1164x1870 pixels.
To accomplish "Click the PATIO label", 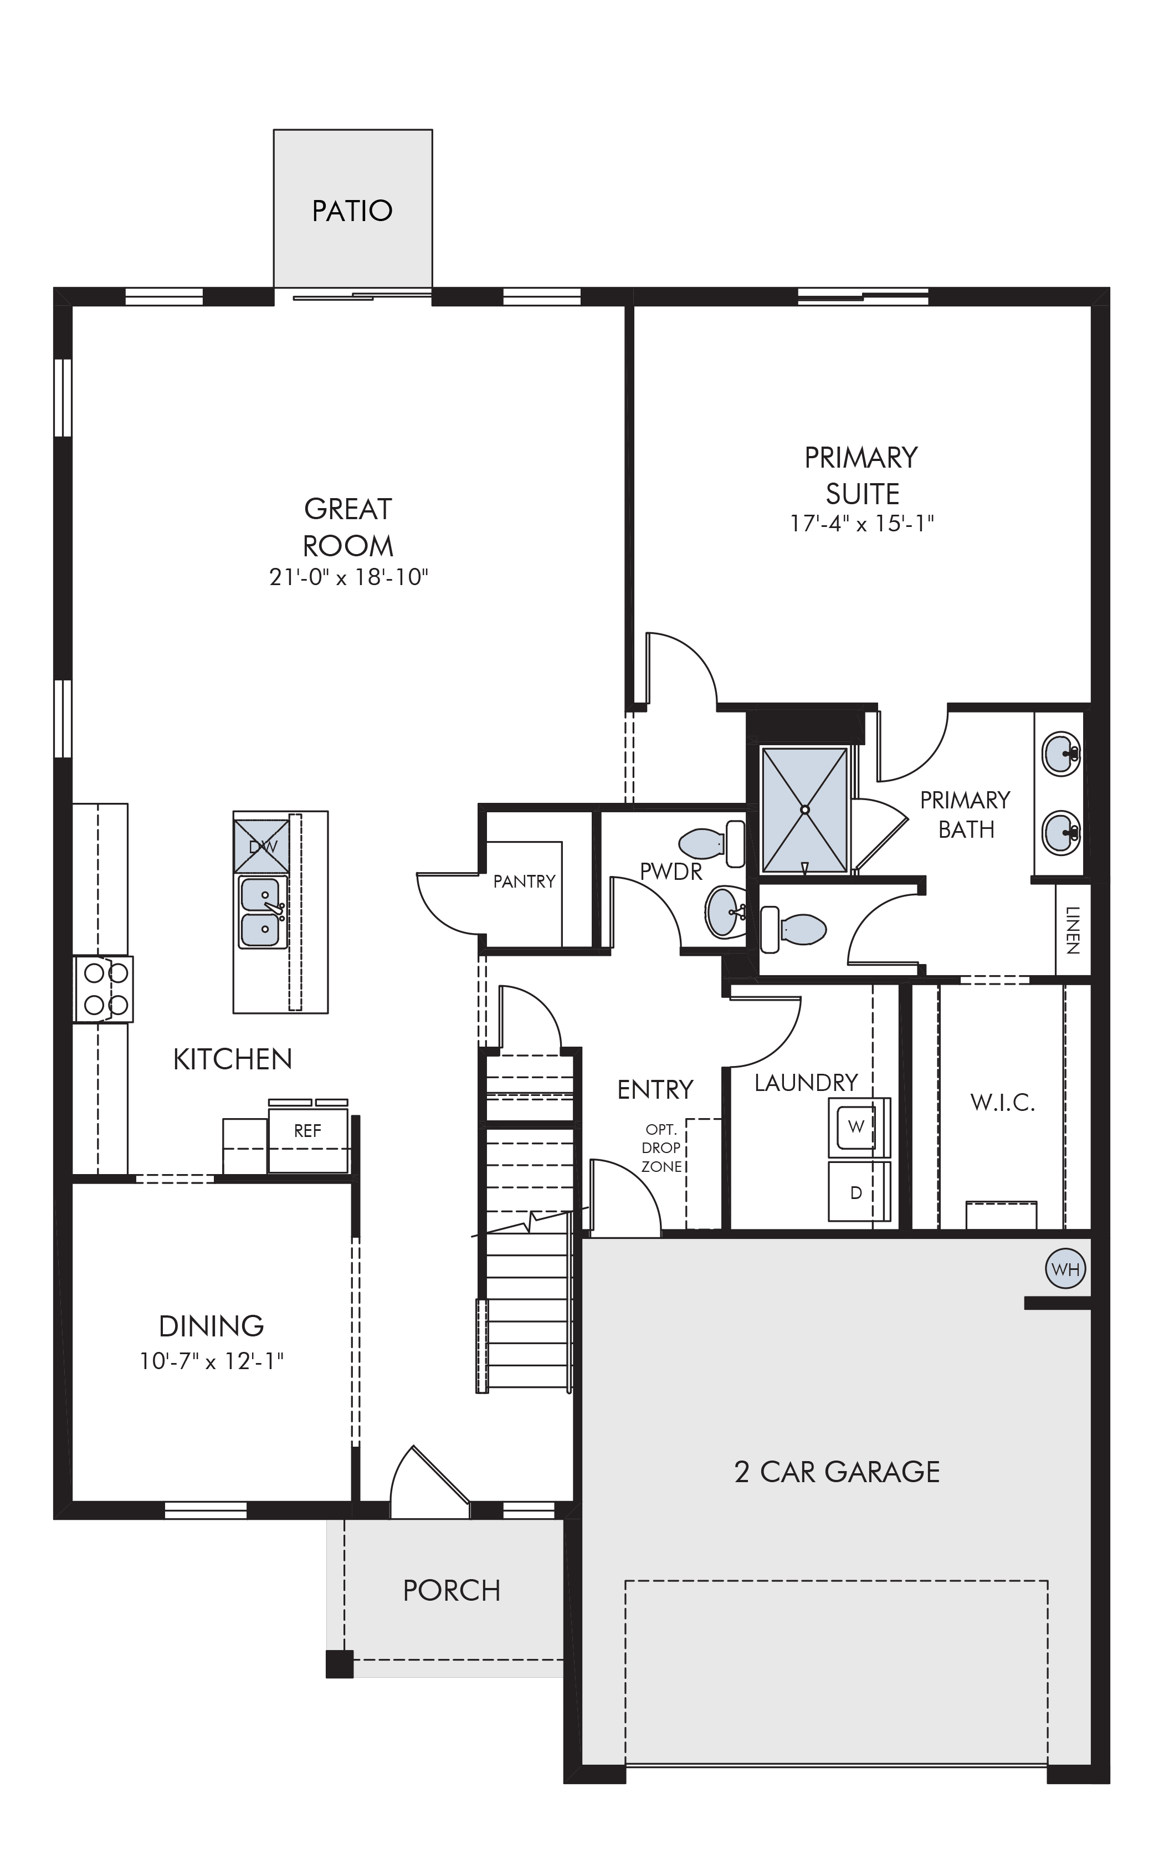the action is point(352,210).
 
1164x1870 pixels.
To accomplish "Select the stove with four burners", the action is point(103,989).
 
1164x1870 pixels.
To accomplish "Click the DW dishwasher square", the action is point(261,847).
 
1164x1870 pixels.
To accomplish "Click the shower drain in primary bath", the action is point(804,810).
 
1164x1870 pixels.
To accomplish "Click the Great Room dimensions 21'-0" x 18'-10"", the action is point(348,577).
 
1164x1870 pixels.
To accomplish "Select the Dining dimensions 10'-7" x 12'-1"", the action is point(212,1361).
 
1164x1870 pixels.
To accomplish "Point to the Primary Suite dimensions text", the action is point(862,524).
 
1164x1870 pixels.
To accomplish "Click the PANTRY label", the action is point(524,882).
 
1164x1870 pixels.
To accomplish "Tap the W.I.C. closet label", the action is point(1002,1103).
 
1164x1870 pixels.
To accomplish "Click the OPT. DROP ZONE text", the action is point(662,1148).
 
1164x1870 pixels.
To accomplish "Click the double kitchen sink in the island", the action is point(261,913).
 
